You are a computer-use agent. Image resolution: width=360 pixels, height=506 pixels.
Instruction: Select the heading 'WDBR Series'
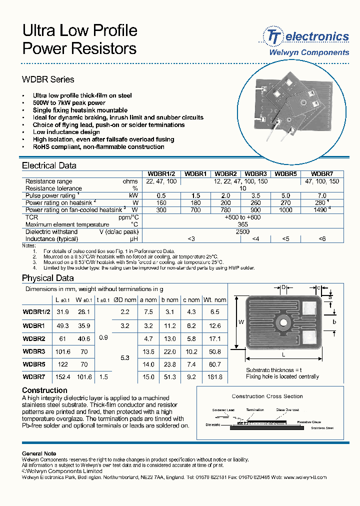coord(48,79)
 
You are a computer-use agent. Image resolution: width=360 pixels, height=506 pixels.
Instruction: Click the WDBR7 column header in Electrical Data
coord(321,174)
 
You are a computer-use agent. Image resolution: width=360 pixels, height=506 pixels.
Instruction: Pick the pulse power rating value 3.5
coord(255,195)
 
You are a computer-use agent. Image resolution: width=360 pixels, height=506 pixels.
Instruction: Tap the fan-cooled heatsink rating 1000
coord(286,210)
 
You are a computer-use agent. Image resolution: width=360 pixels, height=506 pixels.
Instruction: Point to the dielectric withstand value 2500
coord(242,232)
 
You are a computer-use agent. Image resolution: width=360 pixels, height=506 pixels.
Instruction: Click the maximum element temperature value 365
coord(242,224)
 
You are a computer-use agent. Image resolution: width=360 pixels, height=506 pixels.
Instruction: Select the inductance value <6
coord(322,239)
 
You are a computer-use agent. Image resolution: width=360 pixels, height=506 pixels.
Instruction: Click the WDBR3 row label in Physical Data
coord(34,351)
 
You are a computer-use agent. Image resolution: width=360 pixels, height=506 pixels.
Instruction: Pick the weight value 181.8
coord(215,377)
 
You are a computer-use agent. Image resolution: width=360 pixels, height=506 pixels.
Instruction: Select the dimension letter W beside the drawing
coord(241,322)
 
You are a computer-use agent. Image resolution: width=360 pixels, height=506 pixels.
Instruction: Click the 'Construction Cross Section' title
coord(267,396)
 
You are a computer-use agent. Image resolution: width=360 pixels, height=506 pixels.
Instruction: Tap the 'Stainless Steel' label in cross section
coord(322,428)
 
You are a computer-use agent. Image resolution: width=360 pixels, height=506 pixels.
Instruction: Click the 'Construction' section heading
coord(44,390)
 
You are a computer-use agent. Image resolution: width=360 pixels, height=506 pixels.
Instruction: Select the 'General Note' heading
coord(39,453)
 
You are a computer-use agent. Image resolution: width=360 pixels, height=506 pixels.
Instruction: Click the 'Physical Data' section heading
coord(48,278)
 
